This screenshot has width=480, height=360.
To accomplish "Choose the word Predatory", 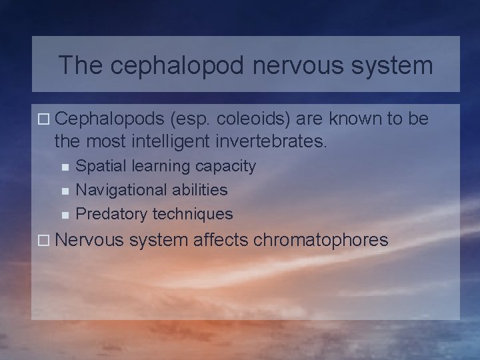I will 112,213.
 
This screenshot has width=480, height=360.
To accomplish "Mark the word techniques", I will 193,213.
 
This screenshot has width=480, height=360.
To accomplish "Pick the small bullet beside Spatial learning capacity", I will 64,167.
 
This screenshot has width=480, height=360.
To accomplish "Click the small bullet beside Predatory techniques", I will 64,215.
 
